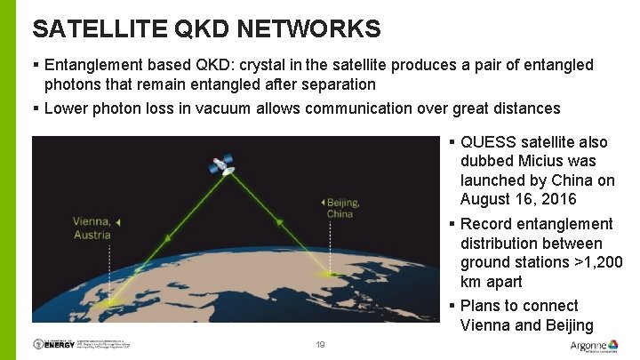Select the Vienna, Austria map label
click(x=92, y=228)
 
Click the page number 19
click(x=320, y=344)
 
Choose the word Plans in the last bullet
click(x=483, y=306)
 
